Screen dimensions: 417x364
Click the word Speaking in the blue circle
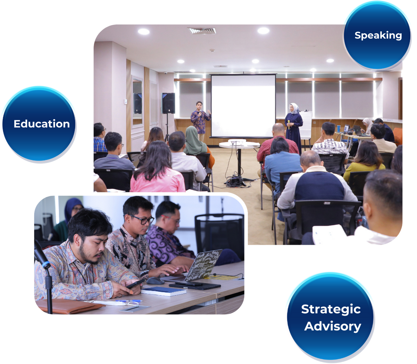tap(378, 36)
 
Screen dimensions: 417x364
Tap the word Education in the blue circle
tap(42, 124)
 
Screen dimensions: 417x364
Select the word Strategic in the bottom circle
tap(331, 309)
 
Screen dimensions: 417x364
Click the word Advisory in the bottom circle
tap(332, 326)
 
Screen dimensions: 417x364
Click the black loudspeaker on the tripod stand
tap(168, 103)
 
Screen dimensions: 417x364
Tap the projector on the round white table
tap(237, 142)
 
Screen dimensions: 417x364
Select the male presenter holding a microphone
tap(200, 121)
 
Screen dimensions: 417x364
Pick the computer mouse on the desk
tap(155, 281)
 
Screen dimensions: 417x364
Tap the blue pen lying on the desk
tap(129, 301)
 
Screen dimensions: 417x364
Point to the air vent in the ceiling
tap(202, 31)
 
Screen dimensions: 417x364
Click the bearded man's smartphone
tap(135, 283)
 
